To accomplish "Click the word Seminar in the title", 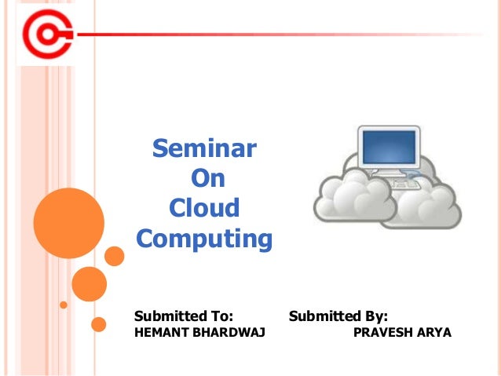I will click(x=203, y=148).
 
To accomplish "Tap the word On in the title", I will click(x=208, y=178).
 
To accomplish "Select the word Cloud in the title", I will click(x=204, y=208).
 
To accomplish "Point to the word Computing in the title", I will click(x=204, y=238).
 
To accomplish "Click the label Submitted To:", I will click(x=184, y=316).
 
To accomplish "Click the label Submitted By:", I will click(x=338, y=316).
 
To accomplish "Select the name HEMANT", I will click(x=161, y=333).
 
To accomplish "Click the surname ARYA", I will click(x=435, y=333).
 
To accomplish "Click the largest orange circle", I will click(x=68, y=224).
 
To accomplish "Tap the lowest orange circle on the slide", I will click(x=99, y=323).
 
